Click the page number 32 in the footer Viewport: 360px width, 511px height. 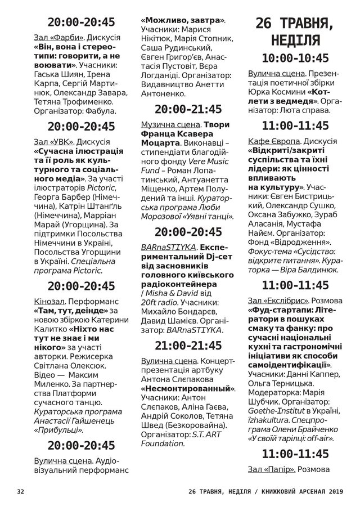tap(21, 491)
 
